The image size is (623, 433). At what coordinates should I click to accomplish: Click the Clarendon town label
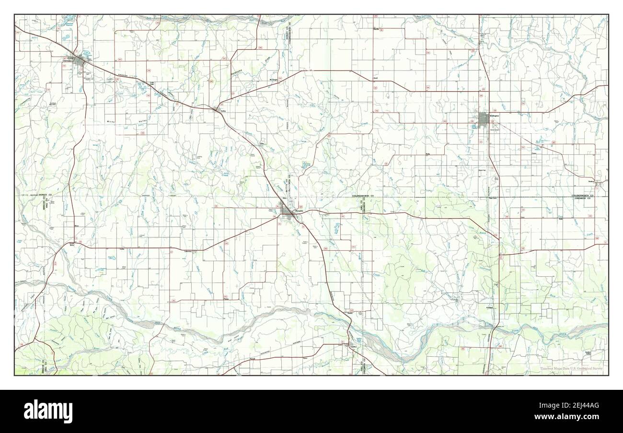tap(67, 61)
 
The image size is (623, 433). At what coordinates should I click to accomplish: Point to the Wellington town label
tap(495, 116)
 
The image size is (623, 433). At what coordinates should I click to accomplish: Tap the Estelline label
tap(354, 346)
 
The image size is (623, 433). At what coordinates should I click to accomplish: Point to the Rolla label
tap(428, 154)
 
